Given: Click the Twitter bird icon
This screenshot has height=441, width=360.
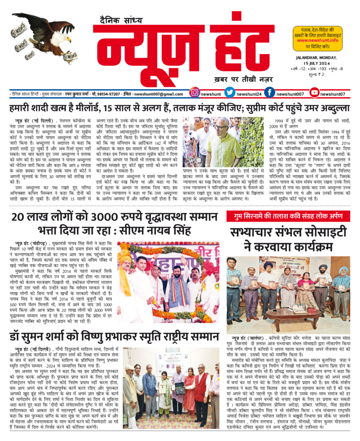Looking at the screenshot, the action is point(229,93).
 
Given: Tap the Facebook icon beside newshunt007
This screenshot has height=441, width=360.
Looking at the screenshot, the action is point(270,93).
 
